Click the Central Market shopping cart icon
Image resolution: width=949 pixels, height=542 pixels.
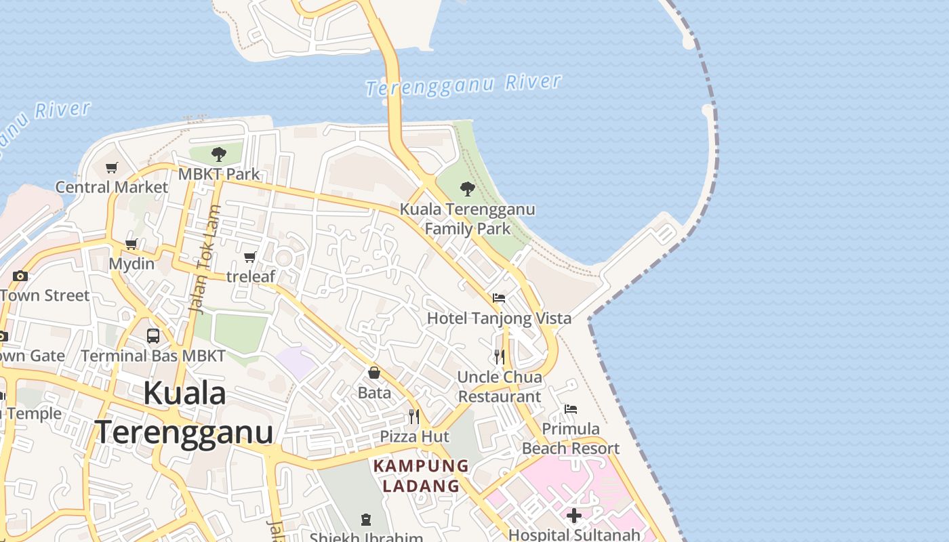[x=112, y=167]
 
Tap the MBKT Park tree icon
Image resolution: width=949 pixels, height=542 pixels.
[x=218, y=154]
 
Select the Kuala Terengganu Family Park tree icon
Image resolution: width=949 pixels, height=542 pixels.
[x=467, y=189]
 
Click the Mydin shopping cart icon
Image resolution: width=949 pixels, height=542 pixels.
[x=132, y=244]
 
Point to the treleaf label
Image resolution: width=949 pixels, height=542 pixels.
[x=251, y=276]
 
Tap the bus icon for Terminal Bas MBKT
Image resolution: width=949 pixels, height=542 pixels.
[x=153, y=335]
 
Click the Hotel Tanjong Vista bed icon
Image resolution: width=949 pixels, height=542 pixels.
[x=499, y=298]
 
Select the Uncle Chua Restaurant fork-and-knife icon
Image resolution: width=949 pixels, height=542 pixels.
[x=500, y=357]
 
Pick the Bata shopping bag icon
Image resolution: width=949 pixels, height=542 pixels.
[x=374, y=373]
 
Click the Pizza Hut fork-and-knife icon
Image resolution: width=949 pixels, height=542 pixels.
[x=413, y=416]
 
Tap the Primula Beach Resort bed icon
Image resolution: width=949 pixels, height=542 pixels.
[x=571, y=409]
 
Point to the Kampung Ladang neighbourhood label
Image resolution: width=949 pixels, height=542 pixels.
[x=421, y=476]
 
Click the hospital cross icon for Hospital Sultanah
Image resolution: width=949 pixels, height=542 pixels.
[x=574, y=516]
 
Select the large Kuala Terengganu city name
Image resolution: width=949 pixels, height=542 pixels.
[x=184, y=413]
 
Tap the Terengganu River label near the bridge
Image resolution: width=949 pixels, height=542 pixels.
[x=464, y=85]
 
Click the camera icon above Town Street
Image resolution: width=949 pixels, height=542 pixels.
[x=20, y=276]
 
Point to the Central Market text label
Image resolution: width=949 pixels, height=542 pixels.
[x=112, y=187]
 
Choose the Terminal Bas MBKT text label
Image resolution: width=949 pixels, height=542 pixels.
[x=153, y=356]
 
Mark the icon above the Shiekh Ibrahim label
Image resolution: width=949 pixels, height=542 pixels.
[x=366, y=520]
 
